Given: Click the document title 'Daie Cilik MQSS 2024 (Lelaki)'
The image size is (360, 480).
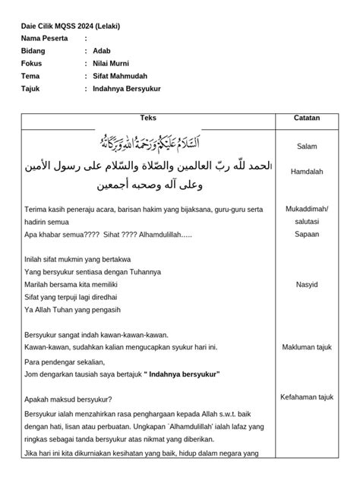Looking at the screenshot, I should click(71, 25).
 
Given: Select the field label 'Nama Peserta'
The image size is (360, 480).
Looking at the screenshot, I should click(44, 38).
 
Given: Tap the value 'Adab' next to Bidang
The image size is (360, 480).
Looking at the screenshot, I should click(100, 51).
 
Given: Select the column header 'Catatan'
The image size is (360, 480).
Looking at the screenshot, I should click(307, 118).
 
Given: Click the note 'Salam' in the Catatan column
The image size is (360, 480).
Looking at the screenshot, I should click(307, 146).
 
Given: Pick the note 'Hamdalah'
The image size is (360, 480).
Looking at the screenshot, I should click(307, 172).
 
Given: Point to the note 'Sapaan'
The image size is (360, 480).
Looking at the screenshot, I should click(307, 234).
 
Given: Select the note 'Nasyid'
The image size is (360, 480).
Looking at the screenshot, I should click(307, 285).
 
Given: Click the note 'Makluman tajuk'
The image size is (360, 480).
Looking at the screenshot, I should click(307, 347).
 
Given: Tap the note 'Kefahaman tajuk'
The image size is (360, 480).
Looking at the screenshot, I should click(307, 397).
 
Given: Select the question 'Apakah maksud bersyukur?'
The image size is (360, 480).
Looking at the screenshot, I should click(68, 399).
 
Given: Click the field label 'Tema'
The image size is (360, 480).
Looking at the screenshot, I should click(30, 77).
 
